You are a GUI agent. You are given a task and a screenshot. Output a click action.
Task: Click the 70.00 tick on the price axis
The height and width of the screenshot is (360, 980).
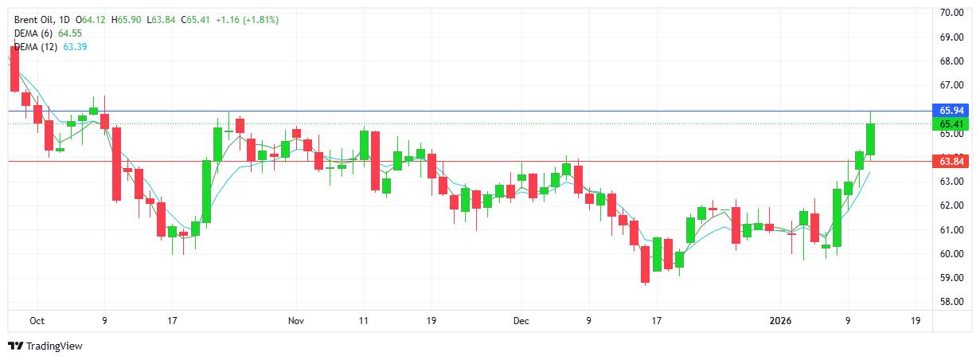coord(952,13)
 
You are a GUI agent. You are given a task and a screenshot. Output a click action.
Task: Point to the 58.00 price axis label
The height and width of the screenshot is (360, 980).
coord(952,302)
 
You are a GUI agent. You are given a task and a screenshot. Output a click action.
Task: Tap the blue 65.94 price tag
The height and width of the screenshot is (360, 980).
coord(952,111)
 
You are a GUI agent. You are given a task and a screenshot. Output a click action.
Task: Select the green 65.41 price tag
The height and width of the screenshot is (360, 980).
coord(952,124)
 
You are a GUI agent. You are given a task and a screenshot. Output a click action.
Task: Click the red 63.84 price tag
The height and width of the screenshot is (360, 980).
coord(952,162)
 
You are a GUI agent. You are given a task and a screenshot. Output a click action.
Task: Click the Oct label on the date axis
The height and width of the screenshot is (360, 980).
coord(37,321)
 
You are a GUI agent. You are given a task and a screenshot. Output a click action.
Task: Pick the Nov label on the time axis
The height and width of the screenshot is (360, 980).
coord(296,321)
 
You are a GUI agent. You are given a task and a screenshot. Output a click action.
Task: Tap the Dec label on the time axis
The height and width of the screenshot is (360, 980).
coord(521,321)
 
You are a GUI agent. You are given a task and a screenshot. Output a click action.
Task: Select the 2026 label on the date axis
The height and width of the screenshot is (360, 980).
coord(784,321)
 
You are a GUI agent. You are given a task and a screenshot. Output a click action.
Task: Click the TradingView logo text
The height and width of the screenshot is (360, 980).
coord(54,346)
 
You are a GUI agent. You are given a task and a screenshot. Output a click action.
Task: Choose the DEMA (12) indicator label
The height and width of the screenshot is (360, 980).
coord(37,46)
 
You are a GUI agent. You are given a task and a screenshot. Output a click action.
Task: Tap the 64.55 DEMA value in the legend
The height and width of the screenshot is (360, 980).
coord(70,33)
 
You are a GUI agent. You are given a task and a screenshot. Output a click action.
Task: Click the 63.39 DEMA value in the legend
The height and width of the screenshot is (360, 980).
coord(75,46)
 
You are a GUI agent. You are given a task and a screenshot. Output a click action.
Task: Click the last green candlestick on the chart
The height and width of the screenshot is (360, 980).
coord(871,139)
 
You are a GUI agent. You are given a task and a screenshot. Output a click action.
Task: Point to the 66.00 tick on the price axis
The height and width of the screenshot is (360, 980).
coord(952,85)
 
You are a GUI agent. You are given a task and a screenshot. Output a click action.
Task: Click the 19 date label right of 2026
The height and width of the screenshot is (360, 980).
coord(916,321)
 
